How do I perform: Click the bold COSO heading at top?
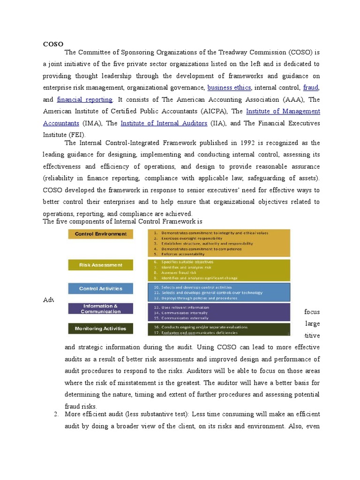point(53,44)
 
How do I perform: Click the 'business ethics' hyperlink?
point(229,87)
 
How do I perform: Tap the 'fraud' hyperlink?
point(310,87)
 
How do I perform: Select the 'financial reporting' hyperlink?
point(84,99)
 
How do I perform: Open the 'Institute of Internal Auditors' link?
point(164,123)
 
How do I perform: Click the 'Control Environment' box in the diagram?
point(100,234)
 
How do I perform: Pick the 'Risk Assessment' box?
point(100,265)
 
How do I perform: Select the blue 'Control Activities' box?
point(100,289)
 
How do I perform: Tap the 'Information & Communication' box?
point(100,308)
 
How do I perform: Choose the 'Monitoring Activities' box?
point(100,329)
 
